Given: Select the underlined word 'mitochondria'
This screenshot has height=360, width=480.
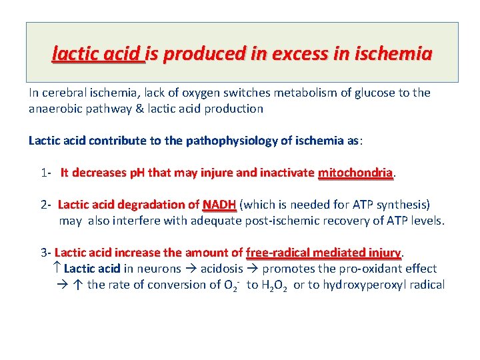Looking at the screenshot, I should (x=355, y=173).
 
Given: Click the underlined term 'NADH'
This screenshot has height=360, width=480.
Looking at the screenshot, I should (x=219, y=205).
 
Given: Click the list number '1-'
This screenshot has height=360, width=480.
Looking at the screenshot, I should (x=46, y=173).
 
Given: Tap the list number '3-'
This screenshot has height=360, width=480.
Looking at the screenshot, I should (x=46, y=253).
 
